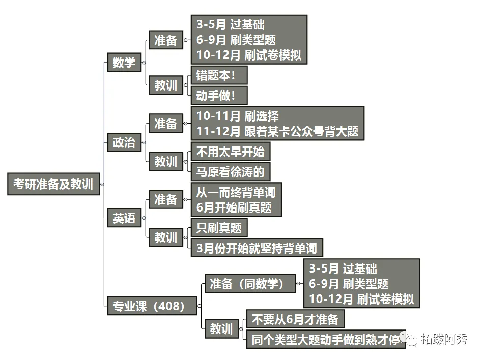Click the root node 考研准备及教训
(53, 184)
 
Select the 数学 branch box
(124, 63)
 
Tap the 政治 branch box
(124, 143)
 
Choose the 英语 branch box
(124, 218)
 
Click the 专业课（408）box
(152, 306)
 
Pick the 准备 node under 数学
(165, 40)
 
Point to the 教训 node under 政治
(165, 162)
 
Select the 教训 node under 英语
(165, 237)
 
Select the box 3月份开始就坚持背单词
(257, 248)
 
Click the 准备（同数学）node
(249, 283)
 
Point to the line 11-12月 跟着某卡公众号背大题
(277, 131)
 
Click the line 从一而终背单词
(236, 192)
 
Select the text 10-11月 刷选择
(238, 116)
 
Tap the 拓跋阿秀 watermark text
(443, 339)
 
